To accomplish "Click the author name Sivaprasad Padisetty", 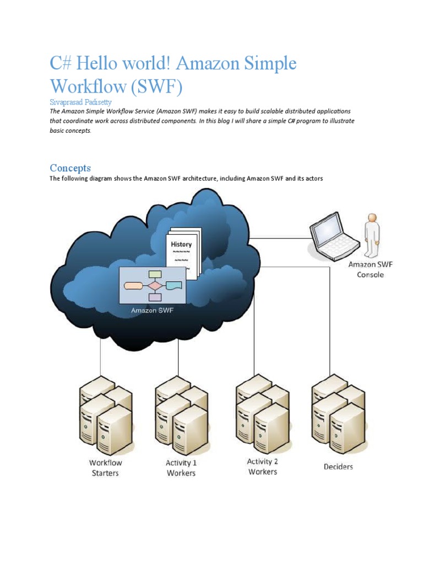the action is tap(80, 102).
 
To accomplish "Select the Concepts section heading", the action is tap(70, 168).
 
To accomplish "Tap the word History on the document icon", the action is tap(181, 244).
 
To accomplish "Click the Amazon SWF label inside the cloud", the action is tap(152, 311).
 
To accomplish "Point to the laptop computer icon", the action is tap(334, 236).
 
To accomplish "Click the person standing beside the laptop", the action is tap(372, 235).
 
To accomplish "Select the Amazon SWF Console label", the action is tap(370, 269).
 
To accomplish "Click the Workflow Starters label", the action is tap(105, 468).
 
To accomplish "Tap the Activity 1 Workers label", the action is tap(181, 468).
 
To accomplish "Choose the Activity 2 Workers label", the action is tap(263, 467).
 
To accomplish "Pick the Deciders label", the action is tap(338, 467).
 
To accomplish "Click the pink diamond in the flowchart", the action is tap(155, 286).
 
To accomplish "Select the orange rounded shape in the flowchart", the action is tap(133, 286).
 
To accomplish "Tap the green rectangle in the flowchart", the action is tap(155, 274).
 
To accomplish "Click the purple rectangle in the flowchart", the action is tap(155, 297).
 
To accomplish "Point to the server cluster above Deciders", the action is tap(338, 414).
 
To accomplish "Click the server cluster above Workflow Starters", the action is tap(106, 415).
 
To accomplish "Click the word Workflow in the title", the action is tap(89, 86).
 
